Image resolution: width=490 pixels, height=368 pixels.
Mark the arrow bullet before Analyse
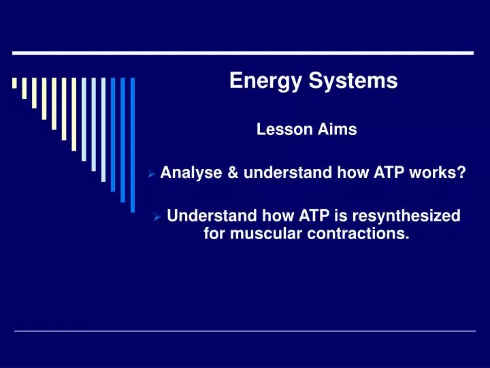coord(152,174)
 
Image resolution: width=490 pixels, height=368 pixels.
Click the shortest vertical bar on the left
coord(14,83)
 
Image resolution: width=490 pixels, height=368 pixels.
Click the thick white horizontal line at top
coord(244,52)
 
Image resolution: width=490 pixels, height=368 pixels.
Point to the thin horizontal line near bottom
coord(245,331)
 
